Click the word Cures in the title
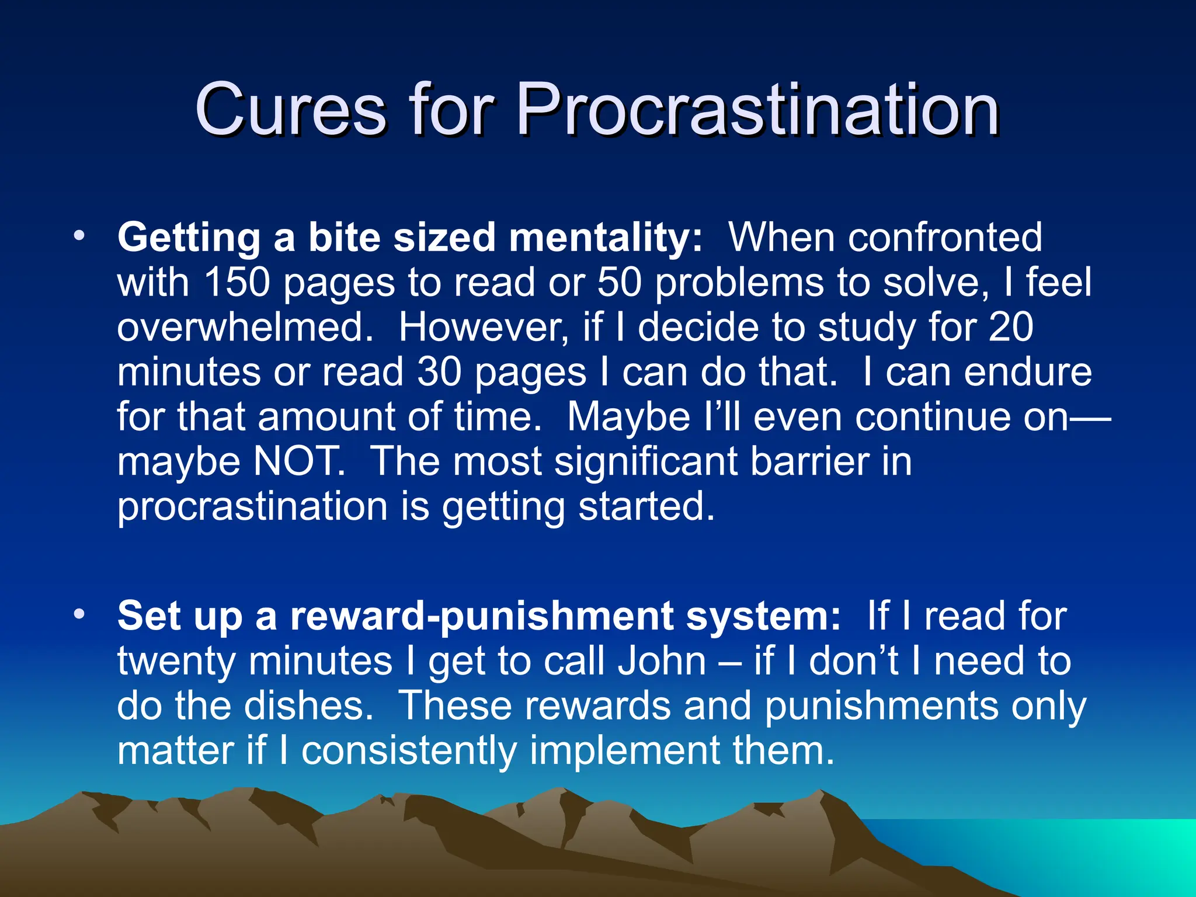point(290,109)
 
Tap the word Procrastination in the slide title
point(757,109)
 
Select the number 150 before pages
point(237,283)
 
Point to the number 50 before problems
point(620,283)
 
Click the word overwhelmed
point(245,327)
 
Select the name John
point(662,661)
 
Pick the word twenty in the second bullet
point(176,661)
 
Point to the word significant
point(645,461)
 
